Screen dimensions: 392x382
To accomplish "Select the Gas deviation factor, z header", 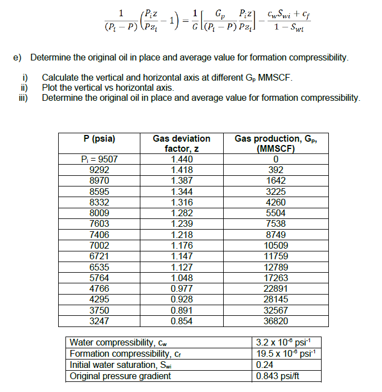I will (x=181, y=143).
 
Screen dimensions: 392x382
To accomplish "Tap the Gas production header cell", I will (x=276, y=143).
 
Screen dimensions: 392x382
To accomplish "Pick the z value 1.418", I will (x=181, y=170).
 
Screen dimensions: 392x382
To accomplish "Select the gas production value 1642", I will (x=276, y=180).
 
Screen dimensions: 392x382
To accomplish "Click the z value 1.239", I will (x=181, y=223).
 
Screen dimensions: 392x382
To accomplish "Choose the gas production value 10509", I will (x=276, y=245).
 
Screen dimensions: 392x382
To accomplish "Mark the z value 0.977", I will (x=181, y=288).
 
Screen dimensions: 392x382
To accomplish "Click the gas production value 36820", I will (x=276, y=321).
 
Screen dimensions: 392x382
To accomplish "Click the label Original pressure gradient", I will (x=120, y=375).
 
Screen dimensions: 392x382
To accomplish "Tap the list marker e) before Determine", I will (x=17, y=58).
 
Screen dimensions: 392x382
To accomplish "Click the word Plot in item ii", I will (x=51, y=88).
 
